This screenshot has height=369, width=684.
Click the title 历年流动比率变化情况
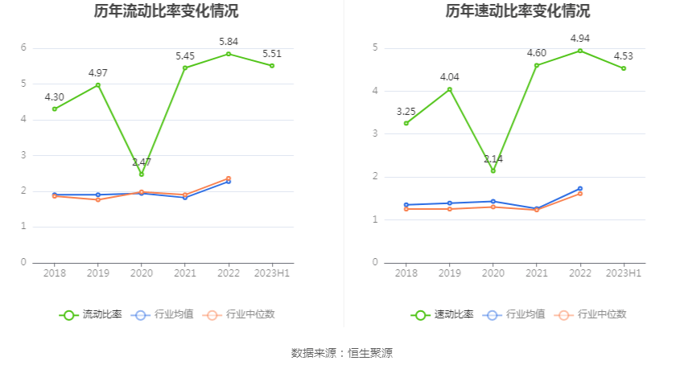(x=166, y=11)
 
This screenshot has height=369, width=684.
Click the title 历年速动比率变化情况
(x=517, y=11)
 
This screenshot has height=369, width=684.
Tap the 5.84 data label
(x=229, y=41)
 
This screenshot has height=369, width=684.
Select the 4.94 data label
(x=580, y=38)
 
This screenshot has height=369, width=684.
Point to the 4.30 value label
(x=55, y=96)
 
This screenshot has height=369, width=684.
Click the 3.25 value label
(x=406, y=111)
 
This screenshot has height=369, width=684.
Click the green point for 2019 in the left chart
(x=98, y=84)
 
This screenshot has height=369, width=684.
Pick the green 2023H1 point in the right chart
(x=624, y=68)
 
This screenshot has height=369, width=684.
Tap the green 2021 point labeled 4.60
(x=537, y=65)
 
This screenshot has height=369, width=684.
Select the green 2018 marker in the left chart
(x=55, y=109)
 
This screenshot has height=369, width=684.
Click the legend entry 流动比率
(x=91, y=314)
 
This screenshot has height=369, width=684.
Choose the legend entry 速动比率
(x=443, y=314)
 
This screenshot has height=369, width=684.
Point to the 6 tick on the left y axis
(x=23, y=47)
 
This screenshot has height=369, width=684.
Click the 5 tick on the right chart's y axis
(x=375, y=47)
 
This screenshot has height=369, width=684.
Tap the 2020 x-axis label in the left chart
(x=142, y=273)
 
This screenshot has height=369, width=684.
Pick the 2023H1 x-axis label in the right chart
(x=624, y=273)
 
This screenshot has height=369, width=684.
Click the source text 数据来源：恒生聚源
(x=342, y=353)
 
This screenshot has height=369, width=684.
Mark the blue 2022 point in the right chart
(x=580, y=189)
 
